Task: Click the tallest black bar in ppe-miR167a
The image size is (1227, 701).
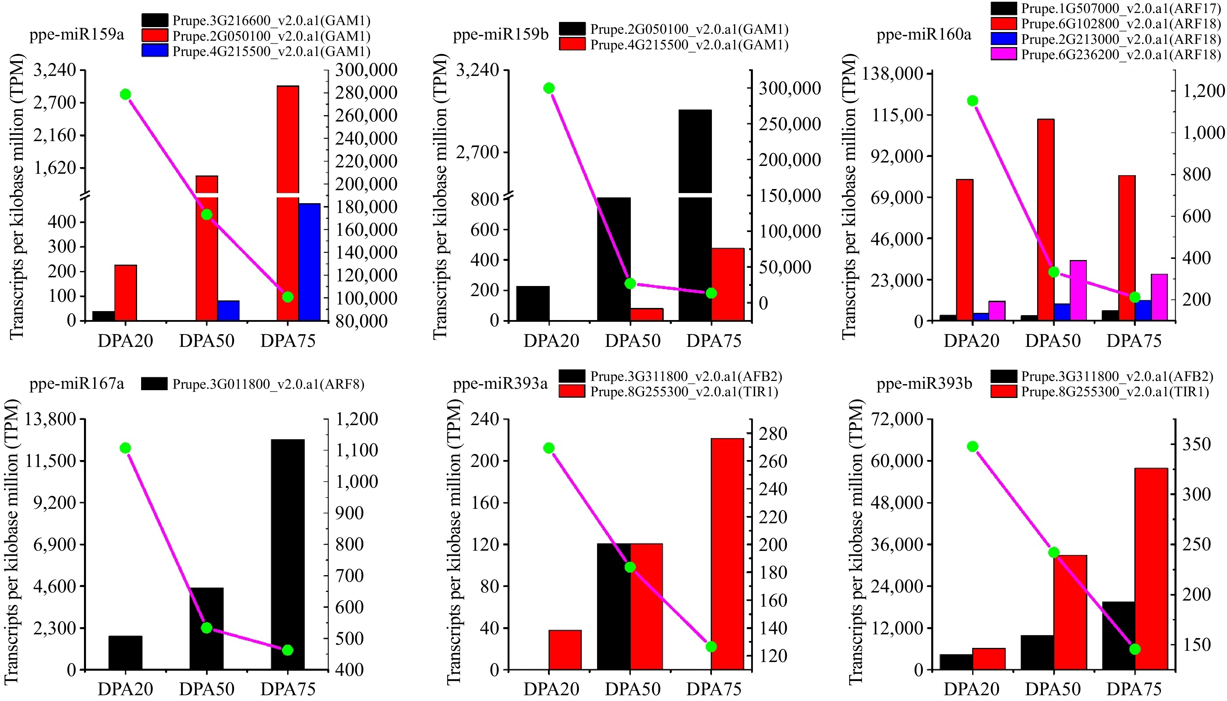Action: click(x=288, y=554)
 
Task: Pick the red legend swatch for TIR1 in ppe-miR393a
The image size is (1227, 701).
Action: click(x=572, y=391)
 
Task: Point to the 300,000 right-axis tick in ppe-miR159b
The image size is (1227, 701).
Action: click(x=790, y=88)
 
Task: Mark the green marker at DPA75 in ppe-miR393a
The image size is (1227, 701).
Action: click(x=711, y=646)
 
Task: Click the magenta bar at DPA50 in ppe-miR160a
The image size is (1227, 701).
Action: click(x=1078, y=290)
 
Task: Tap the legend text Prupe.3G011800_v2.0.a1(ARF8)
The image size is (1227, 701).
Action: click(x=268, y=384)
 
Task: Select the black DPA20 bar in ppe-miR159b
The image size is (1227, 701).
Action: click(x=533, y=303)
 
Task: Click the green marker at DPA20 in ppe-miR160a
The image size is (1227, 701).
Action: click(x=972, y=101)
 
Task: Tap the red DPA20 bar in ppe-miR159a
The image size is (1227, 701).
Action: click(x=126, y=292)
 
